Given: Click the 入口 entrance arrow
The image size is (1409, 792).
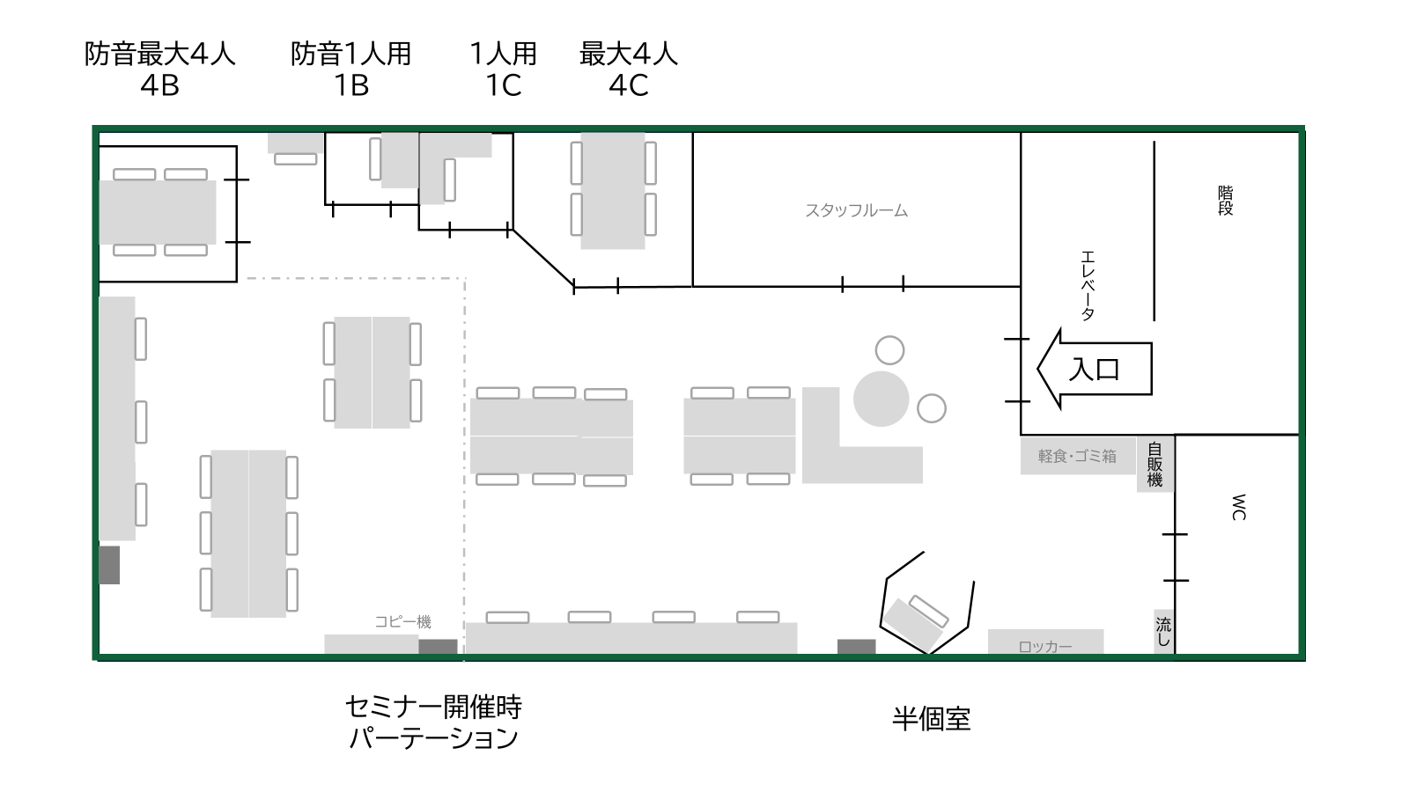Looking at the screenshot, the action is pos(1095,369).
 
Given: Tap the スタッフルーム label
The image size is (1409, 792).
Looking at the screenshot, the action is pos(856,210).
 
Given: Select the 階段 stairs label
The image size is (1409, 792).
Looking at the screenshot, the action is pos(1225,201).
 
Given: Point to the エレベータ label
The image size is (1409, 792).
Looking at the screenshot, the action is pos(1088,286).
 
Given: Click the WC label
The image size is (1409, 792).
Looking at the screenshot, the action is pos(1238,507).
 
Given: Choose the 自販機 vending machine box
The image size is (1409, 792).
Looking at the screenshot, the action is pos(1154,464).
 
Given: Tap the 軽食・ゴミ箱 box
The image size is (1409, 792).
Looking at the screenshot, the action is pos(1078,456).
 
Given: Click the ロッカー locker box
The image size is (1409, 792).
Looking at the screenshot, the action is pos(1045,642).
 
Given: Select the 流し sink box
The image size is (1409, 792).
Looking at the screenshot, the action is pos(1163,631).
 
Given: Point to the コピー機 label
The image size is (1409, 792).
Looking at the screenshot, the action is pos(402,622).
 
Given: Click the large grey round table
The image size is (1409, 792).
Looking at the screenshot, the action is pos(881,399).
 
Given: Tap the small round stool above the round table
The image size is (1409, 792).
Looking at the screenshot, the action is pos(889,350).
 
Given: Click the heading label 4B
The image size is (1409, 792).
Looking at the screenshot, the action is pos(159,84).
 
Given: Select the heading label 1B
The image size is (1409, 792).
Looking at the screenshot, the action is pos(351,84).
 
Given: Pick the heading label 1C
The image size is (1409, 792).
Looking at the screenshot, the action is pos(503,84).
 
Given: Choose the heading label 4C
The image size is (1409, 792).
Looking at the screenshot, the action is pos(629,84).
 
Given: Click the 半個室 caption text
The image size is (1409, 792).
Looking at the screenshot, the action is pos(932,718).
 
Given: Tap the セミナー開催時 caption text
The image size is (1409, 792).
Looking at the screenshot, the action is pos(433,708).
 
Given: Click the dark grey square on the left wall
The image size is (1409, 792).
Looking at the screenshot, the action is pos(109,565).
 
